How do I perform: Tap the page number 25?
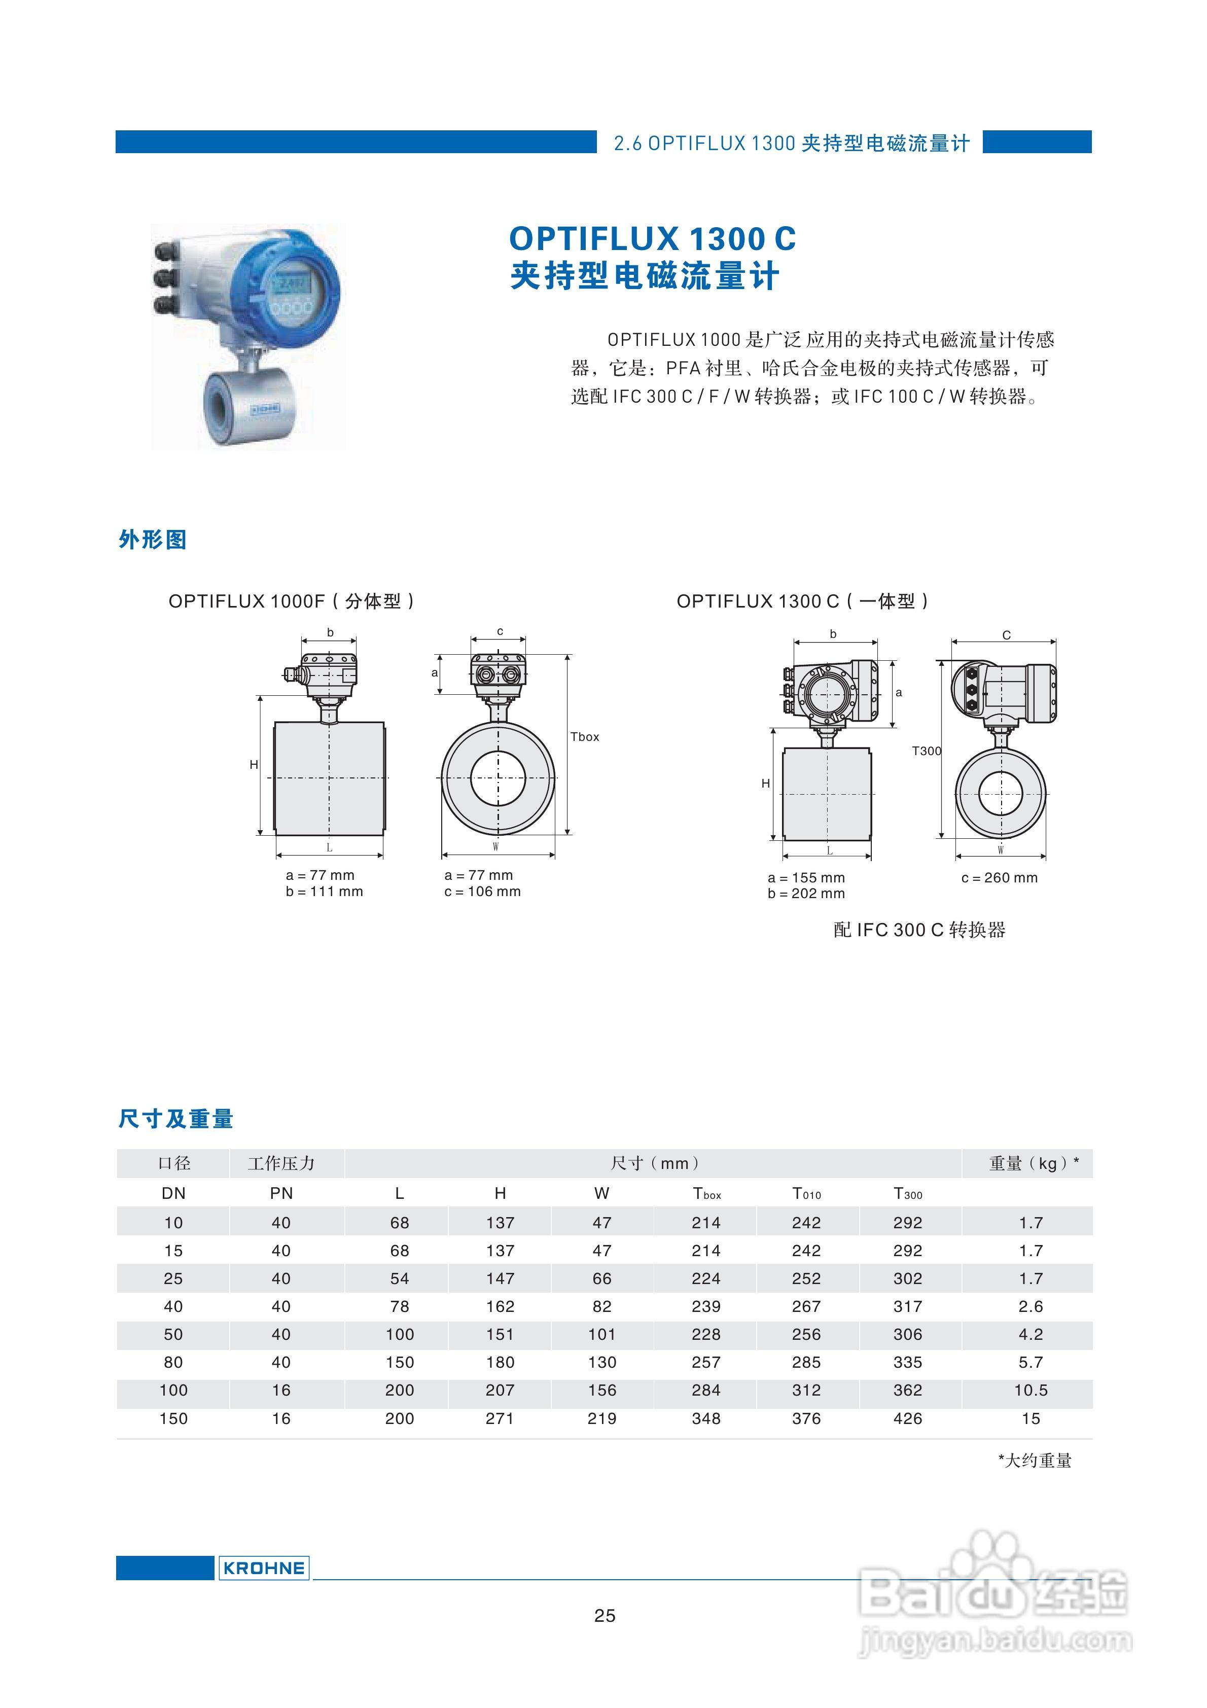point(604,1615)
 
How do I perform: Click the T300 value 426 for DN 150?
point(907,1418)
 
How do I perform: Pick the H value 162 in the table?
point(500,1306)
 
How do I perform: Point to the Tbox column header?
point(706,1194)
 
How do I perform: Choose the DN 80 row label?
point(173,1362)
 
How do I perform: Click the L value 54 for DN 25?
point(400,1278)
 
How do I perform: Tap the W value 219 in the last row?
point(602,1418)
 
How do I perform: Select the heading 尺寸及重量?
point(175,1119)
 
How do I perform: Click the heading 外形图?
point(153,540)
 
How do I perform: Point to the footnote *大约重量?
point(1035,1461)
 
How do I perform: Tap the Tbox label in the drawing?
point(584,736)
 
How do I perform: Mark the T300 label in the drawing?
point(927,752)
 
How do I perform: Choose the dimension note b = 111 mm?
point(325,891)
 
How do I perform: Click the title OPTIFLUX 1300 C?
point(653,239)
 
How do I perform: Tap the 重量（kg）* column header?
point(1034,1163)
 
